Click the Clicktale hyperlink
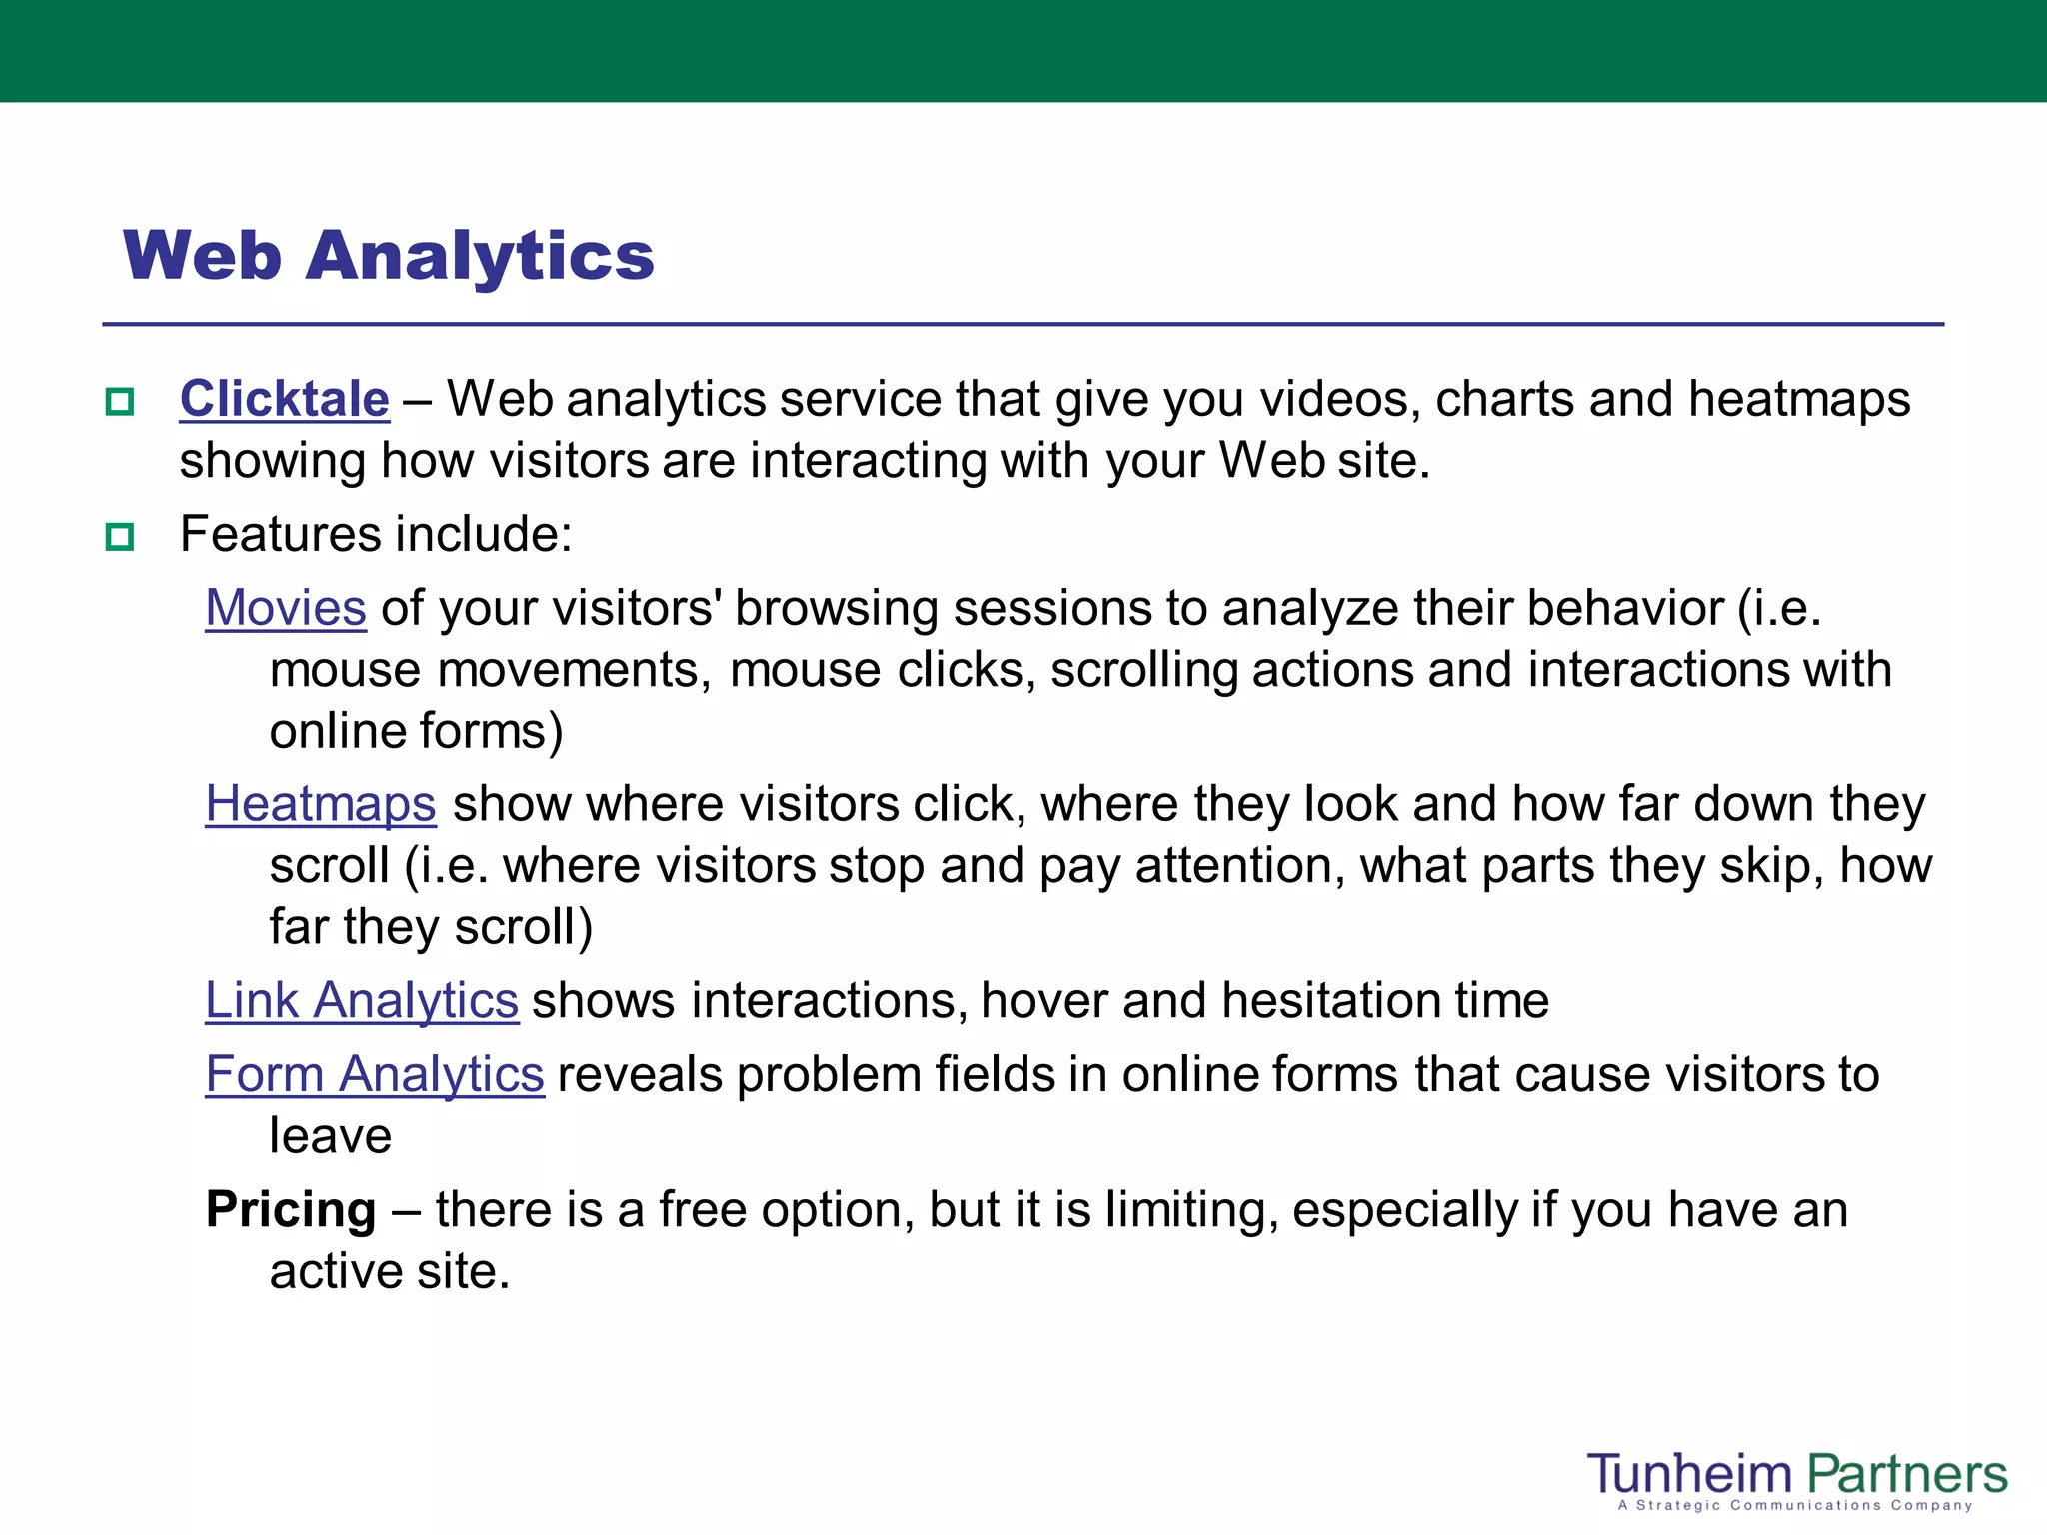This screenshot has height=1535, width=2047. (284, 400)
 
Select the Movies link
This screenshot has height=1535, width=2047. (286, 608)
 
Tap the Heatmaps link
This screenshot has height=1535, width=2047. (321, 804)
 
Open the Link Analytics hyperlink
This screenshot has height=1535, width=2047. (362, 1001)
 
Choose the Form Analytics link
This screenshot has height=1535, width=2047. (375, 1075)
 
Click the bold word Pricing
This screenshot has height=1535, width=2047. (291, 1210)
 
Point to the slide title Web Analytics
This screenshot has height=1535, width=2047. (388, 256)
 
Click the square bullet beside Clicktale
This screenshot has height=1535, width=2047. (120, 402)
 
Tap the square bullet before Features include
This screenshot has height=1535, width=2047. (120, 537)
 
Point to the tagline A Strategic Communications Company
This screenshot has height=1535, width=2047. (1795, 1505)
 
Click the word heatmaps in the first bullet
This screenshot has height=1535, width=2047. (1799, 400)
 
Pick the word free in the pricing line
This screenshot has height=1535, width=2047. (703, 1210)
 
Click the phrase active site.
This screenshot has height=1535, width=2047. (390, 1272)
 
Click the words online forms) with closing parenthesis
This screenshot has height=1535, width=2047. (416, 732)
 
